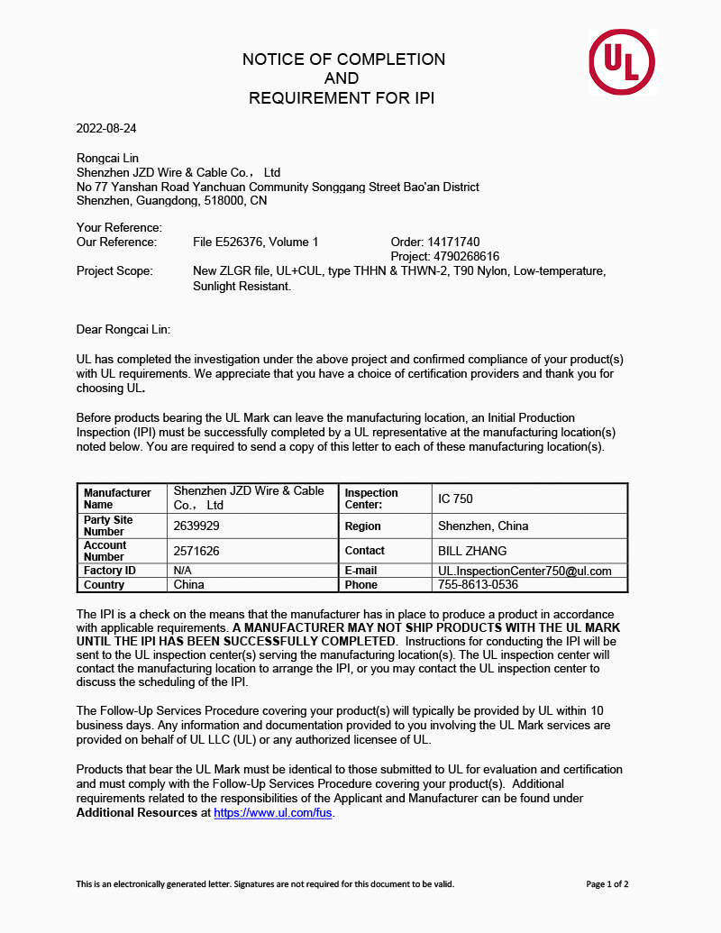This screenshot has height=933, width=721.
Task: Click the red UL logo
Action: [x=622, y=61]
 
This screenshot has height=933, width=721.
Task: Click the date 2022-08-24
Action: [x=106, y=128]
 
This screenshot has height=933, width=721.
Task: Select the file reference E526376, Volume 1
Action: [x=256, y=242]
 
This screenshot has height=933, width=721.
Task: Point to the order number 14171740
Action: [x=434, y=242]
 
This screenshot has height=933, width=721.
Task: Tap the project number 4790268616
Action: [x=444, y=256]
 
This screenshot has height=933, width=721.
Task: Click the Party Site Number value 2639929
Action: [x=196, y=526]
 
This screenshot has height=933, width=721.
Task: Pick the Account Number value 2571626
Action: [x=196, y=551]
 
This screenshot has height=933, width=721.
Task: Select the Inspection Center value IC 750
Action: [x=455, y=499]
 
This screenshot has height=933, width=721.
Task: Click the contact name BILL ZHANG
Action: [x=472, y=551]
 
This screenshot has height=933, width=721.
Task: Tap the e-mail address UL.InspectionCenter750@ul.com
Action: [x=525, y=571]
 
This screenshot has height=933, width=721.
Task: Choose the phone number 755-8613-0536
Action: [x=478, y=584]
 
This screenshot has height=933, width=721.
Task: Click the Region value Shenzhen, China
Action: [x=483, y=526]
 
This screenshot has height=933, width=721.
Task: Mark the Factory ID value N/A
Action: [x=183, y=571]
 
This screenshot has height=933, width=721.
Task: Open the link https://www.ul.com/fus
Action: [x=273, y=812]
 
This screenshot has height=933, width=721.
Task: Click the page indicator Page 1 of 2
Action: [x=607, y=884]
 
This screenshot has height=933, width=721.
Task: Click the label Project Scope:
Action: [x=114, y=271]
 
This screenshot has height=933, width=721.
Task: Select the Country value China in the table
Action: [x=189, y=584]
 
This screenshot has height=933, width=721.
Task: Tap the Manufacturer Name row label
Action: [x=117, y=499]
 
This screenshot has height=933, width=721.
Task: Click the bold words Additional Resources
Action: [x=135, y=812]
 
